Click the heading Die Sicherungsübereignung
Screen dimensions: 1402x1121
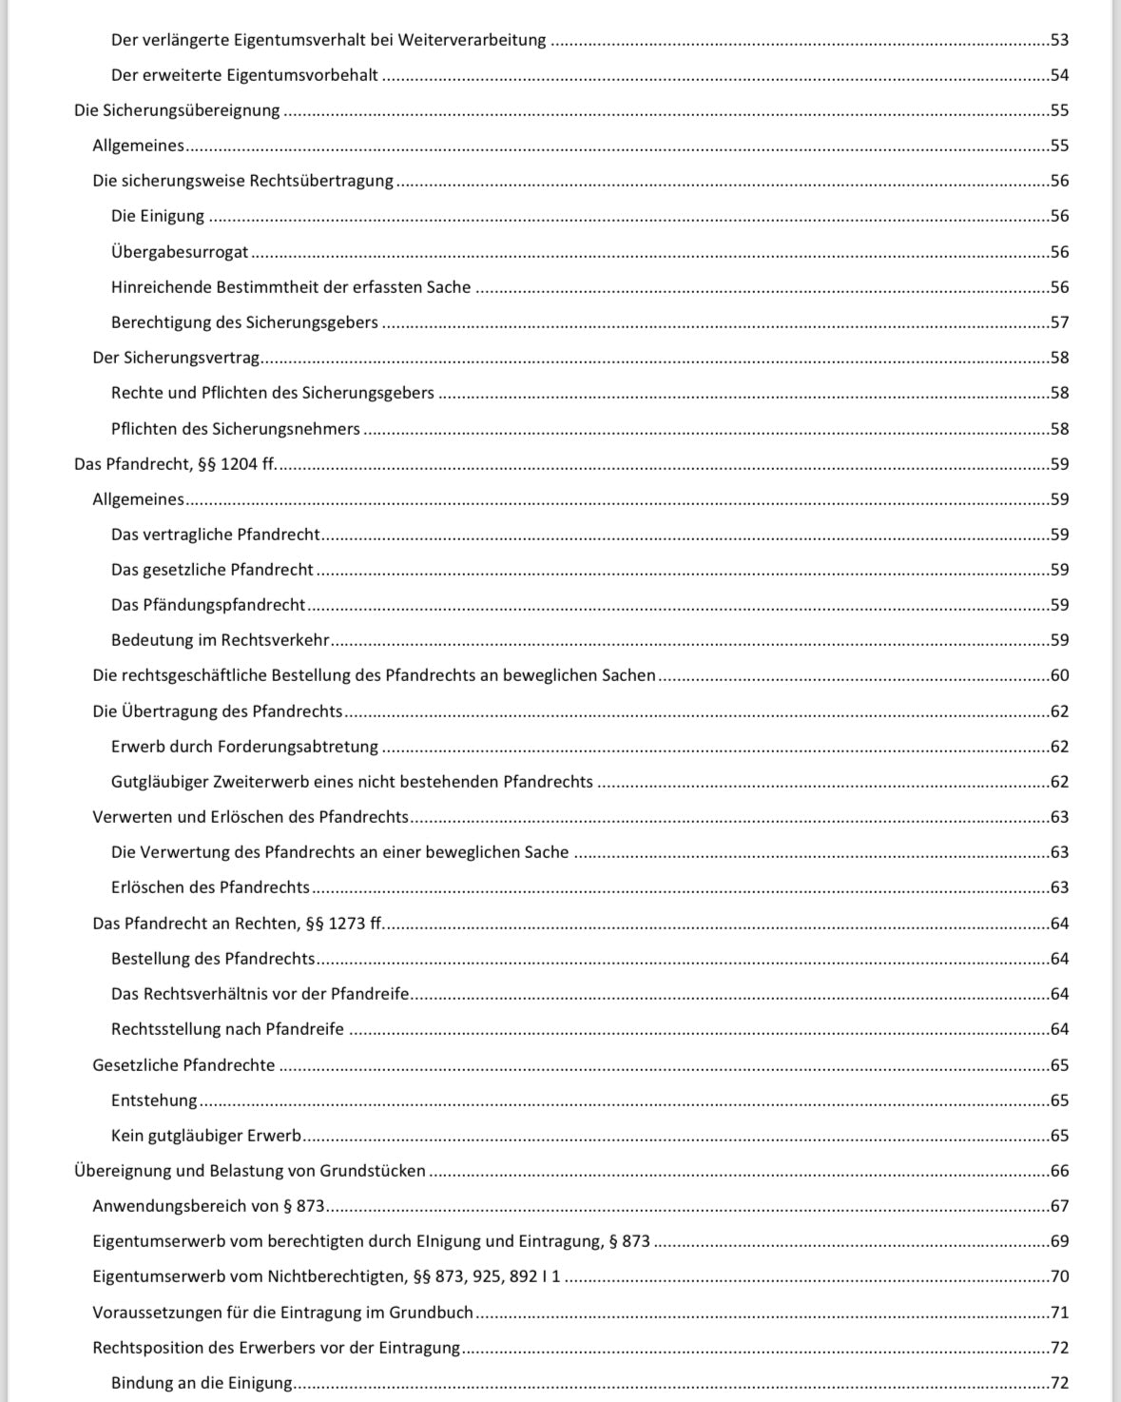(177, 110)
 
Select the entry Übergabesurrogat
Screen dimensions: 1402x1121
(180, 252)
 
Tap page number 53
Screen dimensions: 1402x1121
(1059, 40)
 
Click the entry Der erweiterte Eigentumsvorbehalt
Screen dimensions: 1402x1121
(244, 75)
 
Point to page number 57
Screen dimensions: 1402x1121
(1059, 322)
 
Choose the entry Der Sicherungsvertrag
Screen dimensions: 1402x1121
(176, 358)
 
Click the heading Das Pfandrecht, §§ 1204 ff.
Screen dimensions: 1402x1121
(175, 464)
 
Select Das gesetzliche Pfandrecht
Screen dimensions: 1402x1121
(212, 570)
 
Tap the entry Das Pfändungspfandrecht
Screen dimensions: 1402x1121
(208, 605)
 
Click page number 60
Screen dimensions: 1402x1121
(1059, 675)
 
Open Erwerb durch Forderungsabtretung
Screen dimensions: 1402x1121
(244, 747)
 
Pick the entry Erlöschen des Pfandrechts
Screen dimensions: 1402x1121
(210, 887)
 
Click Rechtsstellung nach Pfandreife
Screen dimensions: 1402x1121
(227, 1029)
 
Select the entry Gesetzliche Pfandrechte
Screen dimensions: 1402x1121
(184, 1065)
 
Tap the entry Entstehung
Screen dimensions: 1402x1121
(154, 1100)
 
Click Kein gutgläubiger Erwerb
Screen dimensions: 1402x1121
(206, 1136)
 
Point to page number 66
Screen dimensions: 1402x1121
(1059, 1171)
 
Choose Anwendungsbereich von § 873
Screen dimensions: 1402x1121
(208, 1206)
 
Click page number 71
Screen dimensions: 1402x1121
(1059, 1313)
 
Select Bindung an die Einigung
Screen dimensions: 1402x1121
(202, 1383)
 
